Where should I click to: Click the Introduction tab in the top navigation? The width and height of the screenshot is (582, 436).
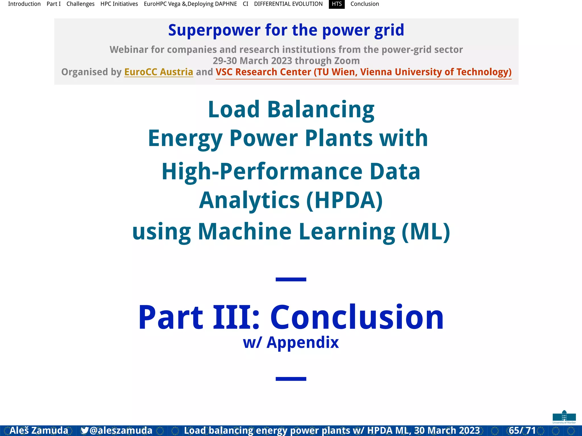click(x=24, y=4)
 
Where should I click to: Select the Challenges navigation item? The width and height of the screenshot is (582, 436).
click(x=80, y=4)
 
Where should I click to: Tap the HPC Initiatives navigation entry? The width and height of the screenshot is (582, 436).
click(x=119, y=4)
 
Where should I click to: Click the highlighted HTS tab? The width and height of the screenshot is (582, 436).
click(x=337, y=4)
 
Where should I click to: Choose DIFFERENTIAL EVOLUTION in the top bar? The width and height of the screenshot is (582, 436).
click(x=288, y=4)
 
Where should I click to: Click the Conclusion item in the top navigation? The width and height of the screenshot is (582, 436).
click(x=365, y=4)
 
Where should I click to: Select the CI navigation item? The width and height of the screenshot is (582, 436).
click(x=246, y=4)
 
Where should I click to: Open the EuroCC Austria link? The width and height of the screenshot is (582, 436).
click(x=159, y=72)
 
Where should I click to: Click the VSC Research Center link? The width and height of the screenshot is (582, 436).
click(x=363, y=72)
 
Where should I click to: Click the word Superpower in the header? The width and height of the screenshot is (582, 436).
click(x=214, y=30)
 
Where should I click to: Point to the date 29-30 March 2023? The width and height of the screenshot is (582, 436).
click(x=252, y=61)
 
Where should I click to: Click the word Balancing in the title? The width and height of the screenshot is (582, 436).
click(x=321, y=110)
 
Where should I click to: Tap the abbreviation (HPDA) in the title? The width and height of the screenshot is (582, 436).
click(x=344, y=200)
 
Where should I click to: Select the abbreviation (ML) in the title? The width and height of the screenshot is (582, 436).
click(x=426, y=232)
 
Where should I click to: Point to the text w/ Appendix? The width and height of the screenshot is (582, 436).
click(x=291, y=342)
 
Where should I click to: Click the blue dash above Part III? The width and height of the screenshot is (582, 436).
click(x=291, y=280)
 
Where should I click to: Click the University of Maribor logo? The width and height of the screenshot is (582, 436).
click(x=564, y=417)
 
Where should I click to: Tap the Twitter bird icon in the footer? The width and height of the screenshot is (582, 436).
click(x=84, y=430)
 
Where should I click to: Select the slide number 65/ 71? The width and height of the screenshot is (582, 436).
click(x=522, y=430)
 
